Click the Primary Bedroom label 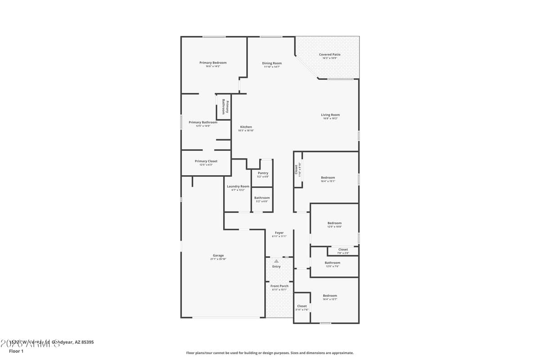213,63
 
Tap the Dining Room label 272,63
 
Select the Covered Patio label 330,54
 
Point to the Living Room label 330,115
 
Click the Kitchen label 246,127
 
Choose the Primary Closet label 206,161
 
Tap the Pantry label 263,173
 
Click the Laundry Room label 238,186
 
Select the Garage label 218,256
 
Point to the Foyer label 279,233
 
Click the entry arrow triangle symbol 276,261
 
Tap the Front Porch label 279,286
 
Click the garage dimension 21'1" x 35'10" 218,259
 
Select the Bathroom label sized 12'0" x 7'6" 333,263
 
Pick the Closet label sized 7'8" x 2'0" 343,249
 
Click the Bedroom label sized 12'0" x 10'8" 334,223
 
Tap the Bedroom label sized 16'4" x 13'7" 330,296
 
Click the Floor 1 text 16,351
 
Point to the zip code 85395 86,342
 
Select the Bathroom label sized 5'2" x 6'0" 262,198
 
